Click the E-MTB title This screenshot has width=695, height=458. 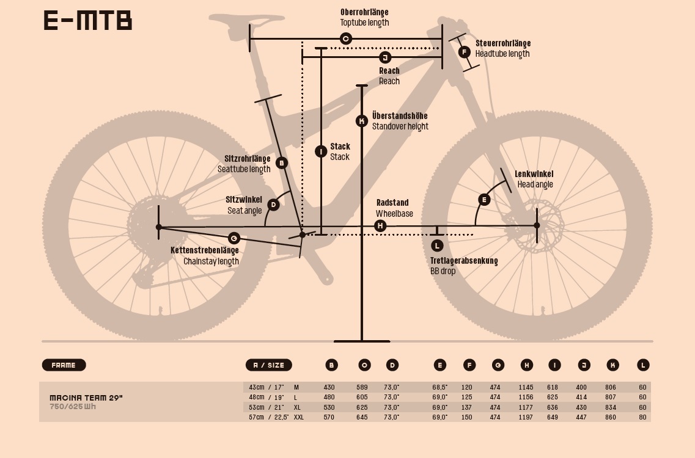(x=88, y=21)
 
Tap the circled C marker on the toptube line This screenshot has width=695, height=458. (x=345, y=39)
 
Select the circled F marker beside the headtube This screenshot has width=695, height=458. (x=464, y=52)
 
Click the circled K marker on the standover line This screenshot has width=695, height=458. (x=362, y=121)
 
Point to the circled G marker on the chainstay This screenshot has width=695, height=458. (x=234, y=238)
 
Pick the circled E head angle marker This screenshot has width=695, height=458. (x=484, y=200)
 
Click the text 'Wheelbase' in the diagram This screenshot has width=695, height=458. (x=394, y=214)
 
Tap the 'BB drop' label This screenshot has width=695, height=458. (x=443, y=271)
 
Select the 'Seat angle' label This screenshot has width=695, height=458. (x=245, y=211)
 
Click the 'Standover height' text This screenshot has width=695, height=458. (x=400, y=126)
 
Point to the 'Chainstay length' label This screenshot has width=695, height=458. (x=211, y=261)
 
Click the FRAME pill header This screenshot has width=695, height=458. (x=64, y=365)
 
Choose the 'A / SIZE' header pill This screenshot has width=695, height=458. (x=268, y=365)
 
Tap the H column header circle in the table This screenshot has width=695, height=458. (x=527, y=365)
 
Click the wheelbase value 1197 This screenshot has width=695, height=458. (x=526, y=417)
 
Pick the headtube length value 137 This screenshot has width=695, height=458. (x=467, y=407)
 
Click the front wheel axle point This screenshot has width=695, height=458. (x=537, y=225)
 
